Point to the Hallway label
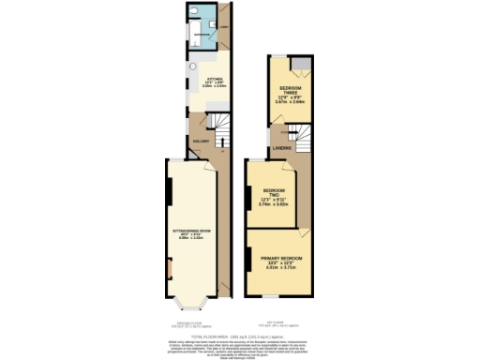pos(199,141)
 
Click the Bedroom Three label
pos(289,94)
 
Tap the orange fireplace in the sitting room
pos(170,272)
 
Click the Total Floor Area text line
pos(240,336)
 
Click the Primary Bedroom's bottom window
pos(273,297)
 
